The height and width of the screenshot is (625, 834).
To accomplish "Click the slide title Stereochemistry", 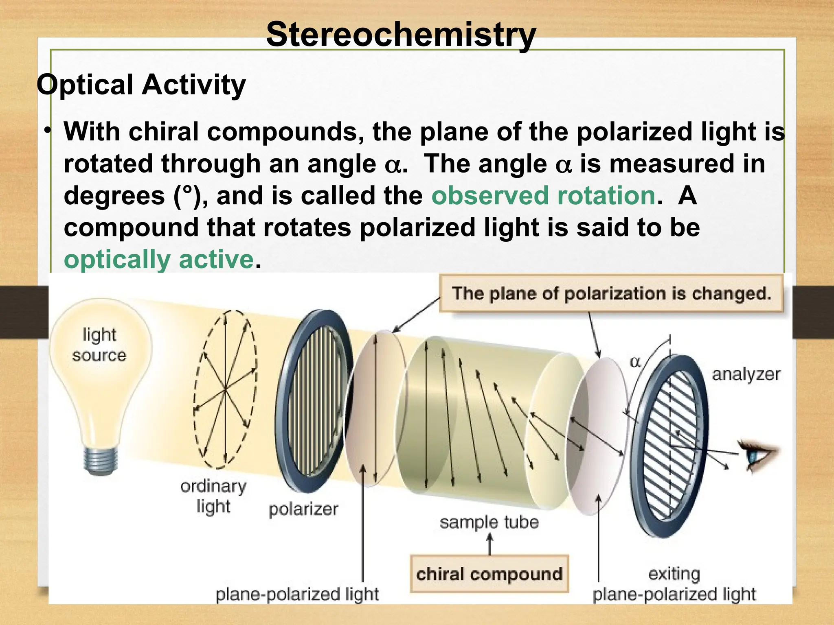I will point(401,35).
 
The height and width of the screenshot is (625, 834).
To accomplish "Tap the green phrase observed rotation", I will point(544,196).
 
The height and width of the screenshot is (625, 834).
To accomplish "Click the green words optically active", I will point(159,259).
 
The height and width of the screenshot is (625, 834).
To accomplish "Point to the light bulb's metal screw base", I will point(101,460).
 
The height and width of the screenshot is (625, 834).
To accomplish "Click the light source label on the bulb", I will point(99,345).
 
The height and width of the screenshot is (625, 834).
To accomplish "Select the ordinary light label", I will point(213,496).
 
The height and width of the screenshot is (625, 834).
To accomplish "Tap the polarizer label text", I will point(303,509).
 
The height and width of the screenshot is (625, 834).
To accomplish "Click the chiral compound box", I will point(489,574).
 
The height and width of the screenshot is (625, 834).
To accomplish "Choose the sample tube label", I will point(489,522).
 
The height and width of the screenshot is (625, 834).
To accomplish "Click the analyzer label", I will point(746,374).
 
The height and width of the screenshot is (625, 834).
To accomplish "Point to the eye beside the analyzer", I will point(757,455).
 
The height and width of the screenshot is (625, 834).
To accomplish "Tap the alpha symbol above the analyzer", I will point(635,362).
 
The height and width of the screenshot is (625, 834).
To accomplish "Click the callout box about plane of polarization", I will point(611,293).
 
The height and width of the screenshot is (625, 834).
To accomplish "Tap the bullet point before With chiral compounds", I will point(48,131).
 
